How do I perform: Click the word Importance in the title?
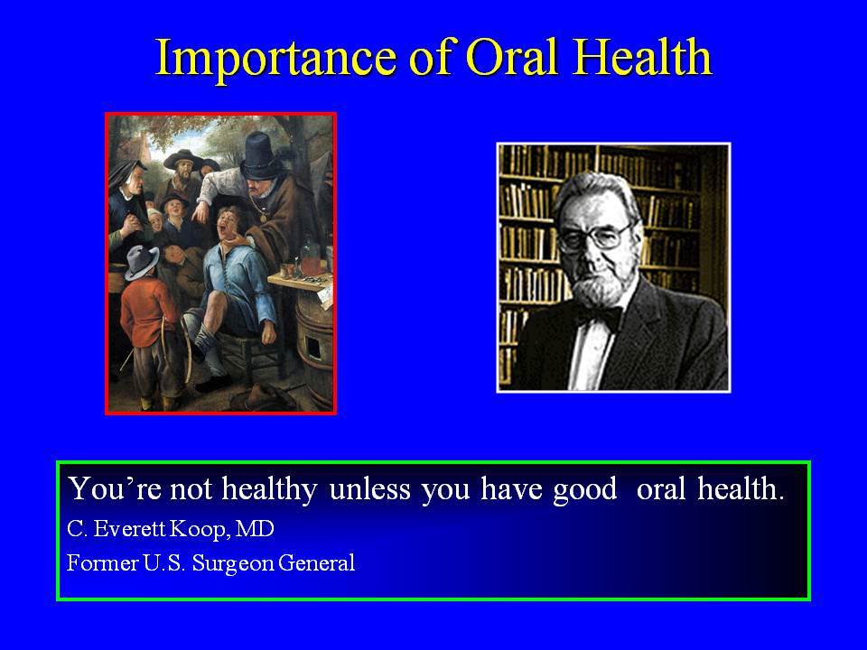point(275,58)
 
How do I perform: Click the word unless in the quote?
point(370,488)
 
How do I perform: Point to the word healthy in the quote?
point(269,490)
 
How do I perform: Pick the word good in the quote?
point(584,490)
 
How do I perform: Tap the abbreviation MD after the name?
point(255,529)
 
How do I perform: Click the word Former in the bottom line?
point(102,563)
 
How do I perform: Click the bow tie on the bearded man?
point(598,319)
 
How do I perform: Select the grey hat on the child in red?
point(142,262)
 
